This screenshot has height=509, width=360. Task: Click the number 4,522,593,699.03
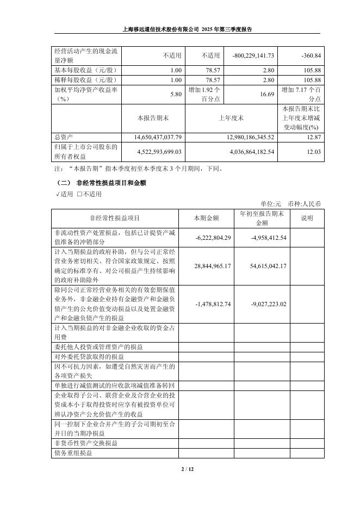(153, 152)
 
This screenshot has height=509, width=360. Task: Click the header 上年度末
(231, 117)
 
